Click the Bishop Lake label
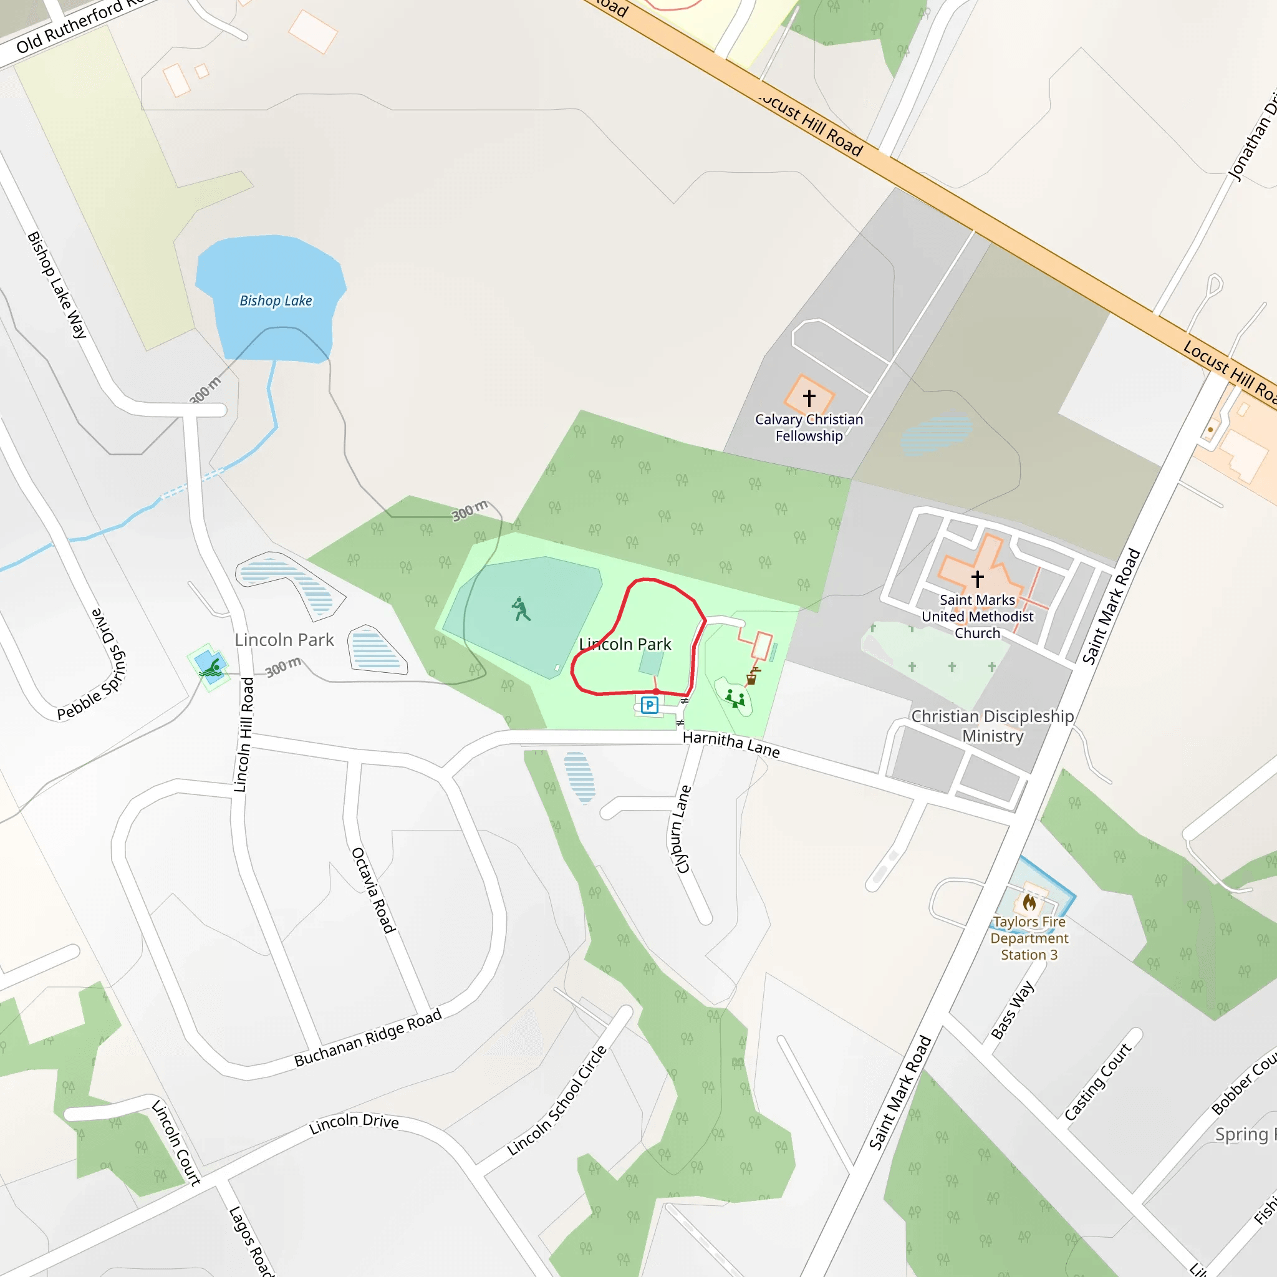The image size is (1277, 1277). (x=276, y=301)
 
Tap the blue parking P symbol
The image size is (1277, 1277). (x=650, y=705)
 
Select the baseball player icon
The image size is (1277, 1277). (x=521, y=609)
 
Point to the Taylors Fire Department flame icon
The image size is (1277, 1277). (x=1029, y=902)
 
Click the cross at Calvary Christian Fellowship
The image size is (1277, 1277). (x=809, y=398)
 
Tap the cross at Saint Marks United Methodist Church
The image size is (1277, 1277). (x=978, y=579)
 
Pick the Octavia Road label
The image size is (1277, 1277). (x=373, y=890)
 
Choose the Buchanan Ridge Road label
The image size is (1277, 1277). (x=367, y=1038)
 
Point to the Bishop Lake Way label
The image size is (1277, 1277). (x=57, y=285)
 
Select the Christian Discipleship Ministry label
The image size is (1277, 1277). (x=992, y=726)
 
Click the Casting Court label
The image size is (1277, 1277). (x=1097, y=1081)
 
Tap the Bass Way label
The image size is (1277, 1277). (x=1012, y=1010)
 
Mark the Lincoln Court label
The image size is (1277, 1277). (x=176, y=1142)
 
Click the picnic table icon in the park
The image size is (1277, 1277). (x=735, y=697)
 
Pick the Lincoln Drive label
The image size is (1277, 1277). (x=354, y=1123)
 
